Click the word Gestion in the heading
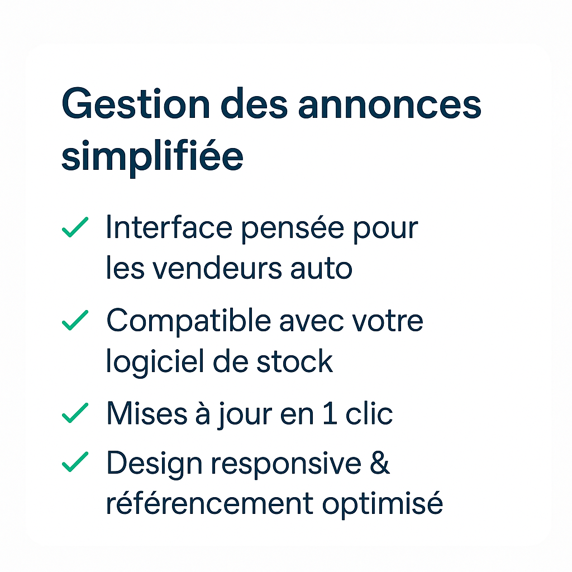coord(136,103)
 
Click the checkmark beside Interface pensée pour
coord(75,227)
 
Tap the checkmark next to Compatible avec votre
coord(75,320)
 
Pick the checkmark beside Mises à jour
coord(75,413)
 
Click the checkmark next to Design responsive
coord(75,461)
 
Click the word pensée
coord(293,229)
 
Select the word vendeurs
coord(217,268)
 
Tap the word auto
coord(321,269)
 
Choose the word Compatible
coord(189,321)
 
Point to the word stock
coord(295,361)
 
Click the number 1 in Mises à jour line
coord(330,413)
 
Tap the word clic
coord(369,413)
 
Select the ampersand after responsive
coord(380,462)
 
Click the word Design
coord(154,464)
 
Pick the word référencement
coord(209,503)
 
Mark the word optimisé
coord(382,504)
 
